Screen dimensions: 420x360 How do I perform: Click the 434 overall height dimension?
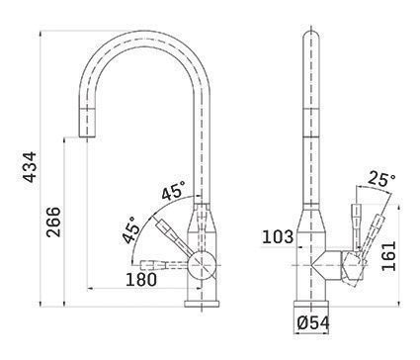[31, 167]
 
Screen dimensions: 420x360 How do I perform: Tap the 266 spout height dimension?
[53, 222]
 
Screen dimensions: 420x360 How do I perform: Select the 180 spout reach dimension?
[141, 280]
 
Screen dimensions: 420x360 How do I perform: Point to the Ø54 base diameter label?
[313, 323]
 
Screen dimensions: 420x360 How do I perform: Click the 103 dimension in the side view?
[278, 236]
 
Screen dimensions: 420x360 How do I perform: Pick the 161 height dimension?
[388, 256]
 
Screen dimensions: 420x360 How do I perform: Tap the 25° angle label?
[381, 178]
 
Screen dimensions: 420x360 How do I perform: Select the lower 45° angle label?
[129, 229]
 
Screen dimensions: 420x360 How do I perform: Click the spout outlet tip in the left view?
[87, 135]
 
